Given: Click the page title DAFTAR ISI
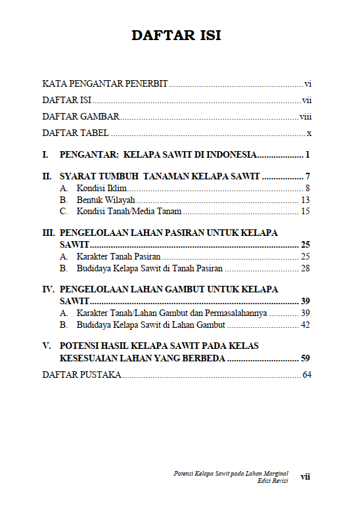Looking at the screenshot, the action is pyautogui.click(x=176, y=35).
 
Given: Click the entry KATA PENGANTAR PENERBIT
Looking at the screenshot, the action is pyautogui.click(x=105, y=83).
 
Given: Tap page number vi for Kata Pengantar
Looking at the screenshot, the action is pyautogui.click(x=307, y=83).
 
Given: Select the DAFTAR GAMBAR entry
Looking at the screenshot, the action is pyautogui.click(x=81, y=117).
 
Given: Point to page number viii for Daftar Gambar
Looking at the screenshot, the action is pyautogui.click(x=305, y=117).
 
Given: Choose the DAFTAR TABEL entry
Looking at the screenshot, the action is pyautogui.click(x=76, y=133).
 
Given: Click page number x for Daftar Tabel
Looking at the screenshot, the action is pyautogui.click(x=308, y=133).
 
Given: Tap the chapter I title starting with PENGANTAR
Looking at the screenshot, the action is pyautogui.click(x=158, y=155).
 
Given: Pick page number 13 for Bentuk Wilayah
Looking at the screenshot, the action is pyautogui.click(x=305, y=200).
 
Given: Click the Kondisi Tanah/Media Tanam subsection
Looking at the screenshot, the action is pyautogui.click(x=129, y=211).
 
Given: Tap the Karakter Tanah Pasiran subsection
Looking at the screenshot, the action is pyautogui.click(x=118, y=257).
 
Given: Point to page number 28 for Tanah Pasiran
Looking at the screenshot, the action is pyautogui.click(x=305, y=269).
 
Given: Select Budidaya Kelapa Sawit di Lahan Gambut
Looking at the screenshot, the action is pyautogui.click(x=151, y=325).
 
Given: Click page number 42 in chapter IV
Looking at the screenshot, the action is pyautogui.click(x=305, y=325).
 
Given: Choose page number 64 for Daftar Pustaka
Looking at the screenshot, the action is pyautogui.click(x=307, y=375).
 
